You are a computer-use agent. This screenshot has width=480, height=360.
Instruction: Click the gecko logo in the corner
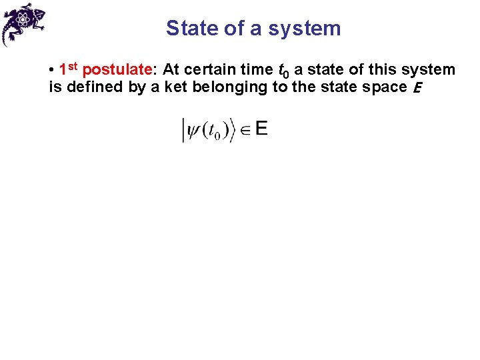pos(24,24)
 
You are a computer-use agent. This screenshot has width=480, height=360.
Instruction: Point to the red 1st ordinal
pos(69,69)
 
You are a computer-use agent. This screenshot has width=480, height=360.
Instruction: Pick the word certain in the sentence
pos(228,70)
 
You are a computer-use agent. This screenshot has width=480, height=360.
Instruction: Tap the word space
pos(385,87)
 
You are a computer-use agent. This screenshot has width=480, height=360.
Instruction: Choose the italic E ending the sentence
pos(416,88)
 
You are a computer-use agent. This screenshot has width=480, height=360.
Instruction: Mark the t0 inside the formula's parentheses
pos(214,131)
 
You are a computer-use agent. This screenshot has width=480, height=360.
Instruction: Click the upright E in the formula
pos(261,129)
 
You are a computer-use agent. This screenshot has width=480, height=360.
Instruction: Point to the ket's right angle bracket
pos(233,130)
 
